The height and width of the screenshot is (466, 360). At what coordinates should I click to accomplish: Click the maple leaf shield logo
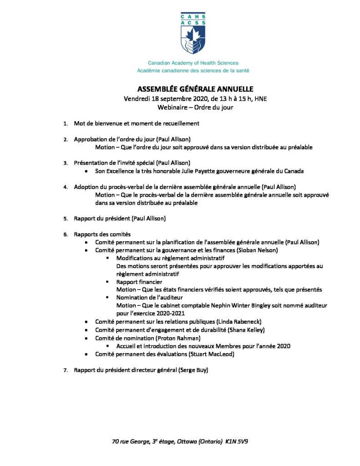tap(193, 39)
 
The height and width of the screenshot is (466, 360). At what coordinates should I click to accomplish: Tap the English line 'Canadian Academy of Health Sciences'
tap(193, 63)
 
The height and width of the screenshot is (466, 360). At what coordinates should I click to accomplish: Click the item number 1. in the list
tap(66, 123)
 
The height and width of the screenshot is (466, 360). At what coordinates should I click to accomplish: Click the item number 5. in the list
tap(66, 218)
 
